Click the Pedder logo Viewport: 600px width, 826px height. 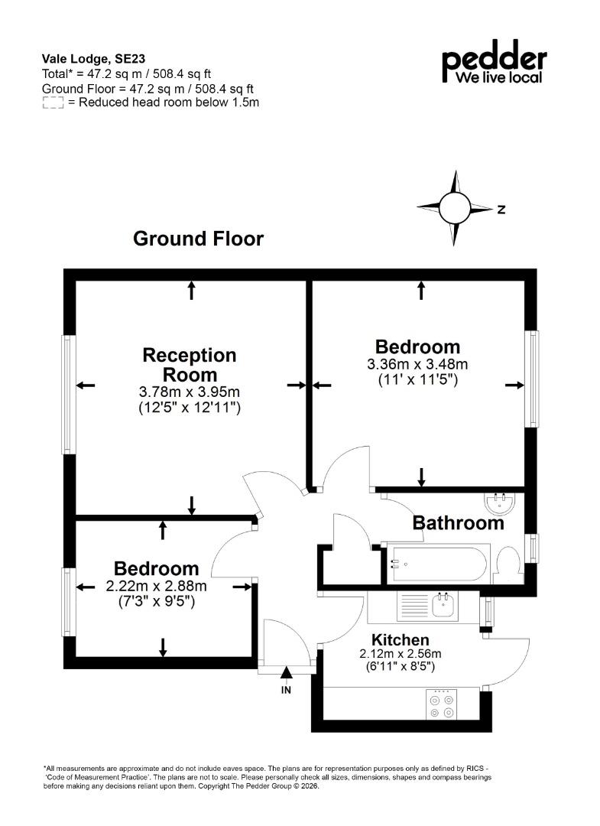[494, 62]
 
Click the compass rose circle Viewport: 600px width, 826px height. [454, 207]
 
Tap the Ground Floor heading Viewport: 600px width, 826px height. [198, 239]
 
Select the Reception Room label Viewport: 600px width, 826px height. [190, 365]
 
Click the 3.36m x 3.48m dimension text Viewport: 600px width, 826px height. [417, 364]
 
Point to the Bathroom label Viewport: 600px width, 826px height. [458, 523]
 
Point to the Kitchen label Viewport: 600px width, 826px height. [400, 640]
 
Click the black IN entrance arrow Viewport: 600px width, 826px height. [286, 672]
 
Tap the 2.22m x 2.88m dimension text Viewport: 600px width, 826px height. [157, 586]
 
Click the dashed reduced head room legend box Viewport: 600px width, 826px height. [53, 102]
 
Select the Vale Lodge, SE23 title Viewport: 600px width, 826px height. [94, 59]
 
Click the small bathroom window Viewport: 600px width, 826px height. [533, 548]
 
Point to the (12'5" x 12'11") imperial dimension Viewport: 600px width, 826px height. [190, 407]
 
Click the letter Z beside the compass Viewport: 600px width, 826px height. [501, 209]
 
